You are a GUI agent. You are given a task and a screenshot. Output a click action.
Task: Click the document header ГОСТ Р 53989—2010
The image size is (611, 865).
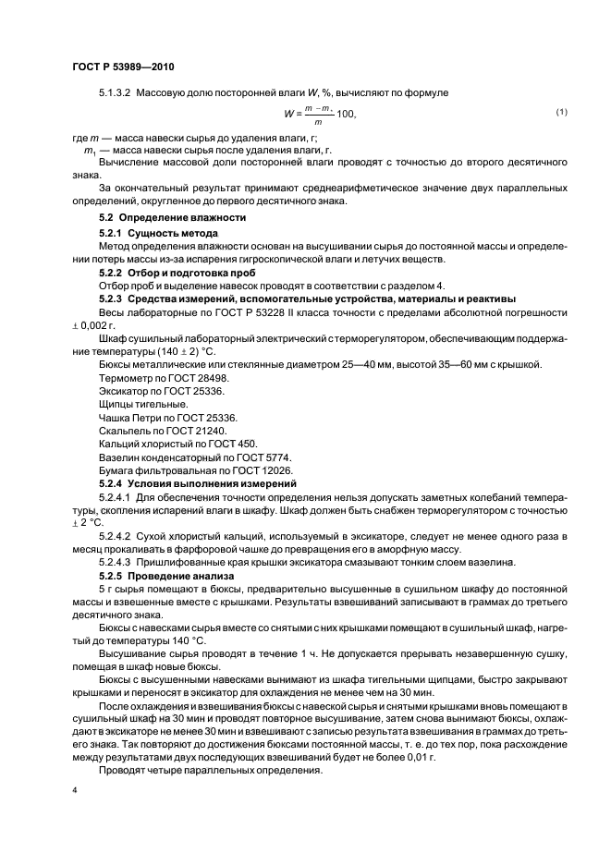click(123, 67)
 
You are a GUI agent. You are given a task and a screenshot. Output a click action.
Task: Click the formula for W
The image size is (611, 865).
click(319, 114)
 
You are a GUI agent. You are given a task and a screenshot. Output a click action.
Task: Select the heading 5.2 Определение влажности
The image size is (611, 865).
click(173, 217)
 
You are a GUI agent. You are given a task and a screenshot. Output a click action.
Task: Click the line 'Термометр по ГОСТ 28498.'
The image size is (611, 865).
click(152, 379)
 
